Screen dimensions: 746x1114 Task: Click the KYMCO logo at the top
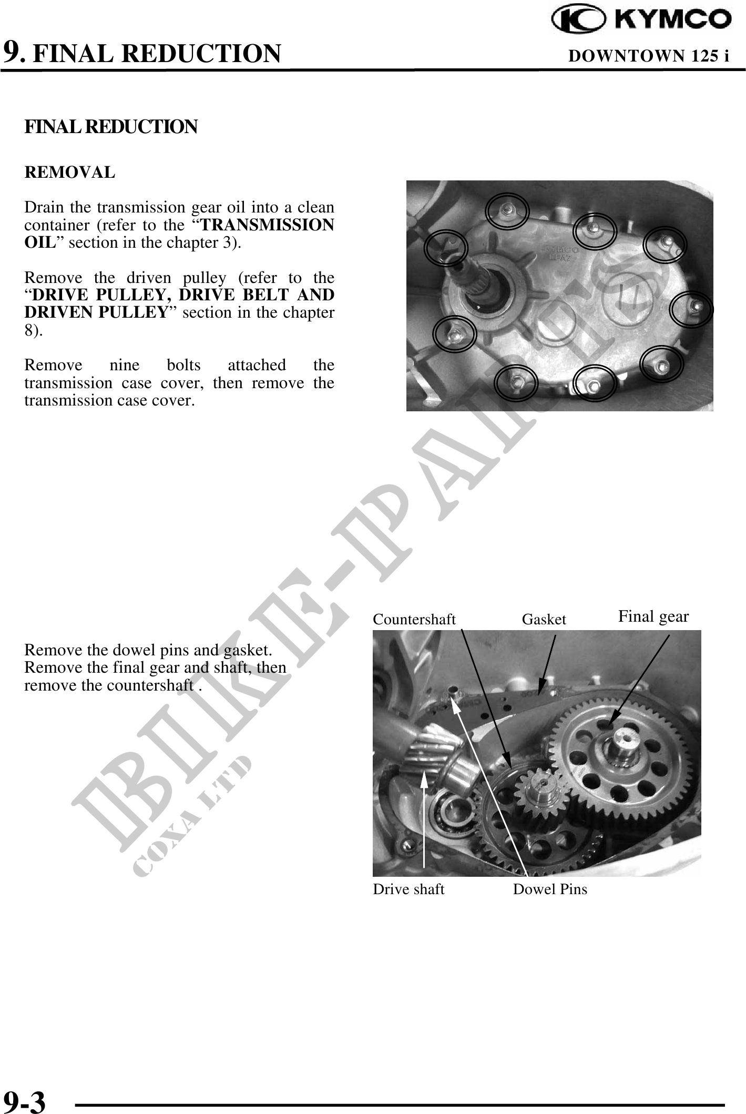coord(641,19)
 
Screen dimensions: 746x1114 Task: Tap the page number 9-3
coord(25,1098)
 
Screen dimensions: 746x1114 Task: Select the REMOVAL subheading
coord(69,173)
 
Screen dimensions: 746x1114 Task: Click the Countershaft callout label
coord(414,620)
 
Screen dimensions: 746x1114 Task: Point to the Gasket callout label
coord(544,620)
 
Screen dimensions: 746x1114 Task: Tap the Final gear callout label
coord(653,616)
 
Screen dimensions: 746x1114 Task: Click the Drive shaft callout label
coord(408,889)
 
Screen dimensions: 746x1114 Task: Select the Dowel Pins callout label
coord(550,889)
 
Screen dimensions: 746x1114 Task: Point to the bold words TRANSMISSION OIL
coord(179,234)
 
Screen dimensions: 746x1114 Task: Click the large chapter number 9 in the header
coord(12,52)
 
